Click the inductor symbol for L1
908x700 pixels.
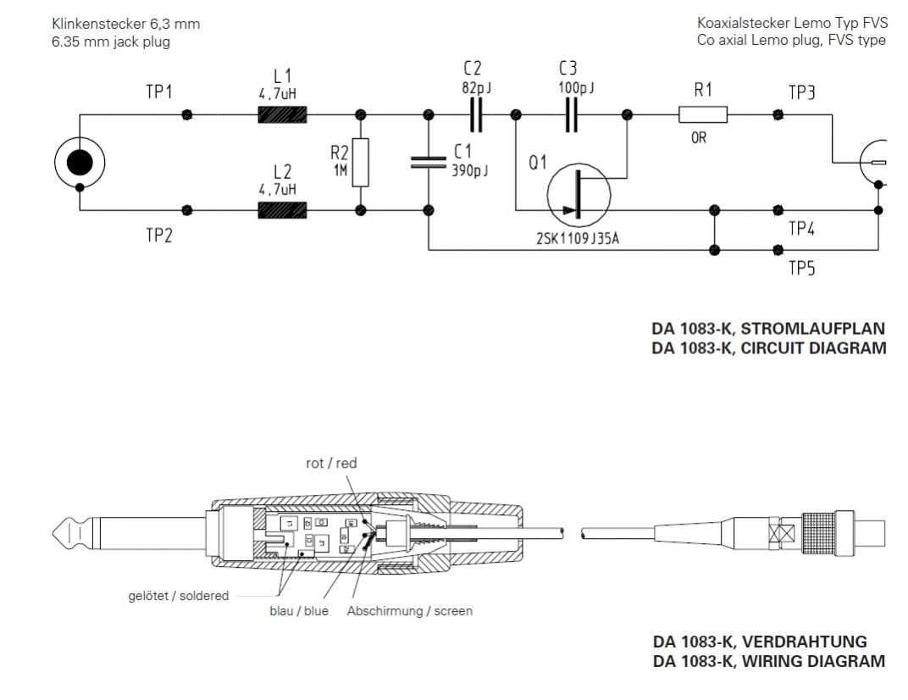281,114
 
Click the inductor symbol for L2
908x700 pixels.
281,209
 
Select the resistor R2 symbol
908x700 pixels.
362,162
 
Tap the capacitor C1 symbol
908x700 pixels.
429,161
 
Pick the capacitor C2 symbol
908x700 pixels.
476,114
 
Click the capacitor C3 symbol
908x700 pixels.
573,114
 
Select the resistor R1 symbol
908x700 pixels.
703,114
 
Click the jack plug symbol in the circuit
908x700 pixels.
79,162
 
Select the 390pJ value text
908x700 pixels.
470,169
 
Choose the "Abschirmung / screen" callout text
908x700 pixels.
410,611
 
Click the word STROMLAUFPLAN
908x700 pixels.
812,328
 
